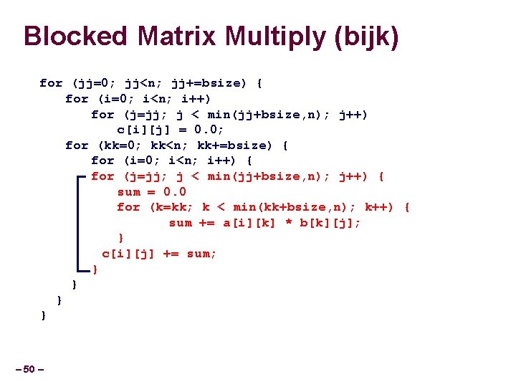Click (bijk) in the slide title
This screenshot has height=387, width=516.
coord(367,37)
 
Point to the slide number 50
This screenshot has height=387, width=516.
coord(29,369)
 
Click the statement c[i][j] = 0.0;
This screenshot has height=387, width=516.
coord(171,130)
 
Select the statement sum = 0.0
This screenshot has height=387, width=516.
coord(152,191)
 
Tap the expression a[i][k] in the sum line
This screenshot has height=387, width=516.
coord(248,223)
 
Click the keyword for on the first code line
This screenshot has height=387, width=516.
coord(51,83)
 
